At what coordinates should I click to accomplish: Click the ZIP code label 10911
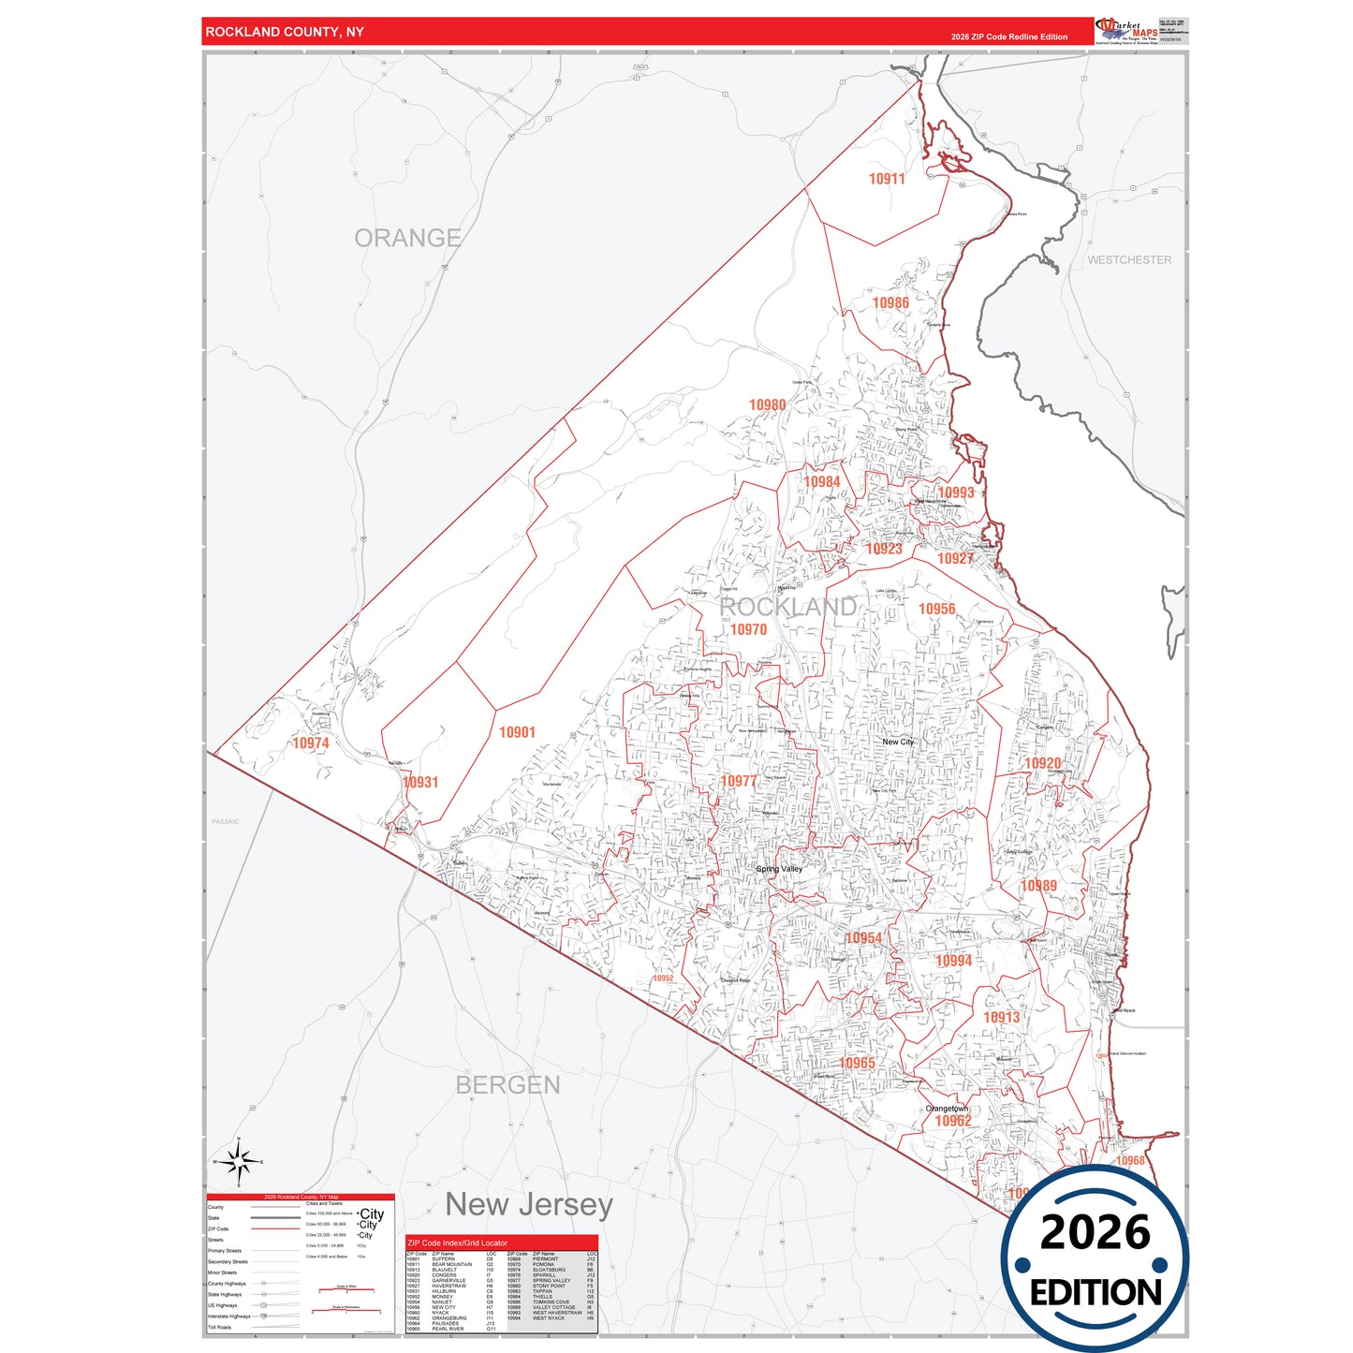click(x=886, y=179)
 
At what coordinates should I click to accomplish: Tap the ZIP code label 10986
click(x=890, y=303)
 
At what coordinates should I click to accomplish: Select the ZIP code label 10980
click(x=767, y=405)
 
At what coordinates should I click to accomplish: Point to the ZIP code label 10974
click(x=310, y=743)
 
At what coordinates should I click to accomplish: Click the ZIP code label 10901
click(x=517, y=732)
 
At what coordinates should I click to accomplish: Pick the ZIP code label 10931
click(x=420, y=782)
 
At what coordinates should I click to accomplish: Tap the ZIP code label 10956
click(x=936, y=610)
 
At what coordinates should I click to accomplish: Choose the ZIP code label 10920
click(x=1042, y=763)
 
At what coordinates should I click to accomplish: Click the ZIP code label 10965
click(x=857, y=1063)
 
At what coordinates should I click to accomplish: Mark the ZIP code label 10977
click(x=738, y=781)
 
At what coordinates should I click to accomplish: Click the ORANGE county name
click(x=407, y=238)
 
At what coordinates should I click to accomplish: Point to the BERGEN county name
click(x=507, y=1085)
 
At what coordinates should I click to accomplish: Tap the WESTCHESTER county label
click(x=1128, y=260)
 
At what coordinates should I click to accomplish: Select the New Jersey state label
click(x=529, y=1204)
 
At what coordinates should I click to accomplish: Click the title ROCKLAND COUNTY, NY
click(x=285, y=32)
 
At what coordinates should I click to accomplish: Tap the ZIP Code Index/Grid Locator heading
click(x=457, y=1243)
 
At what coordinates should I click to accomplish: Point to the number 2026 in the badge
click(x=1095, y=1232)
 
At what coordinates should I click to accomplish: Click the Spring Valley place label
click(x=779, y=869)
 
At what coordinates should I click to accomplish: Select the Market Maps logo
click(x=1126, y=31)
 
